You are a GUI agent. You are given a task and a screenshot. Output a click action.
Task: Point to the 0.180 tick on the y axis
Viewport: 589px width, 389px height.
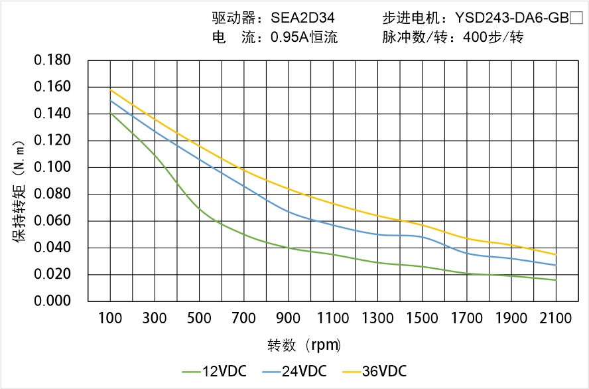(x=52, y=60)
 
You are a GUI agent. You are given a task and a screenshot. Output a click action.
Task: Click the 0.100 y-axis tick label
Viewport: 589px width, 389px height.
(x=52, y=167)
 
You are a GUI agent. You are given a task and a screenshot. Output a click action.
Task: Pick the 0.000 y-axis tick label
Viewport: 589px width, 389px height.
(x=52, y=301)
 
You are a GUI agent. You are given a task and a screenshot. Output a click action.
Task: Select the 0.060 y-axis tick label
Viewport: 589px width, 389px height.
(x=52, y=221)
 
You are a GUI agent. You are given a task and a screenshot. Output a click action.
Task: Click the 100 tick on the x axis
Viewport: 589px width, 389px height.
(x=110, y=319)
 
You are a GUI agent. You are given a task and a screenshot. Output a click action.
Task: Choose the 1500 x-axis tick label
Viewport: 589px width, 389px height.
(x=422, y=319)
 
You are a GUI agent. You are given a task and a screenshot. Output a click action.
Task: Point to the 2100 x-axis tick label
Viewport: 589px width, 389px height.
(x=556, y=319)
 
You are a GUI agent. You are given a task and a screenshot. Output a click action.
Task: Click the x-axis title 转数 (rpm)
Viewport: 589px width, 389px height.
(x=304, y=345)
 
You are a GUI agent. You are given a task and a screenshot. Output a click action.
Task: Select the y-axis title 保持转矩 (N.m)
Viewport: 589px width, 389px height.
(x=20, y=191)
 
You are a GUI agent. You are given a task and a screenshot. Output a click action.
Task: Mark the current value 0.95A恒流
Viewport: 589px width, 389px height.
(x=304, y=38)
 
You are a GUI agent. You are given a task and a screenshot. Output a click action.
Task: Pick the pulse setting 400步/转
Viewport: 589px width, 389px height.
(x=493, y=38)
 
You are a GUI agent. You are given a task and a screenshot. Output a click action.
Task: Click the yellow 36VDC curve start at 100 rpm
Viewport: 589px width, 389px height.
(x=110, y=90)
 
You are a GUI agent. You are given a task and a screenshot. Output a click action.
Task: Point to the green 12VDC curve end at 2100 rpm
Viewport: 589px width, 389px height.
(x=556, y=280)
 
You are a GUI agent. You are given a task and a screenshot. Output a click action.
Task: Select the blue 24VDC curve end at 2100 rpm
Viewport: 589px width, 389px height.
(x=556, y=266)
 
